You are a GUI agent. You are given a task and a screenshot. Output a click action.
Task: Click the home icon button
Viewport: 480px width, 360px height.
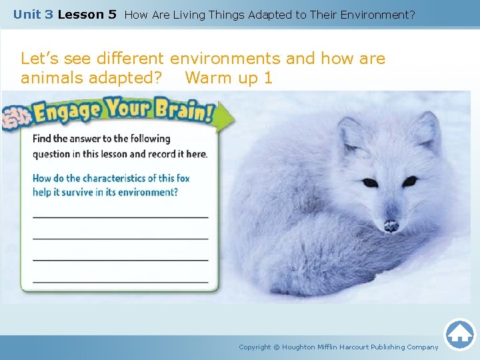(459, 335)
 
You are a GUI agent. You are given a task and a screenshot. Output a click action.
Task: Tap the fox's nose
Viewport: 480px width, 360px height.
(391, 226)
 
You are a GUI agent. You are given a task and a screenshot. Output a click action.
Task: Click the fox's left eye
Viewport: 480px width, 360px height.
(369, 183)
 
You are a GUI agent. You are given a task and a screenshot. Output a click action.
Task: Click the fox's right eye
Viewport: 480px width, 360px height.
(409, 181)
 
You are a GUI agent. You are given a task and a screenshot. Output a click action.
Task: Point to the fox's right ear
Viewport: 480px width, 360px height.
(426, 127)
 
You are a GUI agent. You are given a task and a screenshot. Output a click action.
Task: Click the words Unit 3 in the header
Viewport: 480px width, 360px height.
(33, 14)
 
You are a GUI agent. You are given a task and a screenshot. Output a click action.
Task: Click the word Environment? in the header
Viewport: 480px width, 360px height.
(377, 14)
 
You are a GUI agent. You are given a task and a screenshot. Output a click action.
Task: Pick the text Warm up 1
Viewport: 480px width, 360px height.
(229, 78)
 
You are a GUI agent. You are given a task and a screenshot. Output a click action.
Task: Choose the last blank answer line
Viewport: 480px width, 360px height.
(120, 282)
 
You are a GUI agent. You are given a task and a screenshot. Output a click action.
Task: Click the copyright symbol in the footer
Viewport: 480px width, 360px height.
(277, 347)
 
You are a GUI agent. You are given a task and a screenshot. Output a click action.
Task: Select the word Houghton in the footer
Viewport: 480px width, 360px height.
(299, 347)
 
